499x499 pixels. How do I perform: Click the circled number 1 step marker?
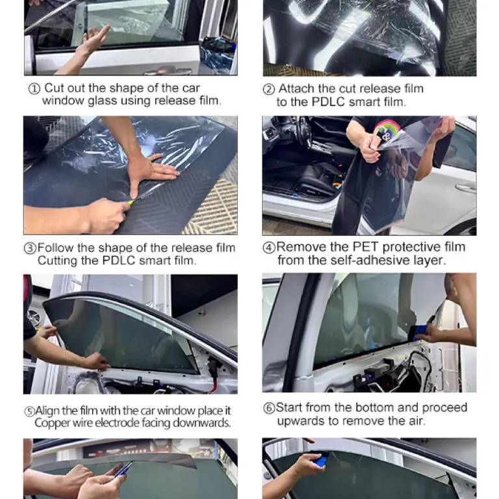point(34,89)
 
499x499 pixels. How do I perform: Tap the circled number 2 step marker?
point(269,90)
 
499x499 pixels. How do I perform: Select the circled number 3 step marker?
point(31,248)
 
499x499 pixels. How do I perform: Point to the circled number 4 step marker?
point(269,248)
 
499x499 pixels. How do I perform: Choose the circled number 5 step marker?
point(29,411)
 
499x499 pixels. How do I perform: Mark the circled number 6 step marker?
point(269,408)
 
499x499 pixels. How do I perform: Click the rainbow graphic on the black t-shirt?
point(387,128)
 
